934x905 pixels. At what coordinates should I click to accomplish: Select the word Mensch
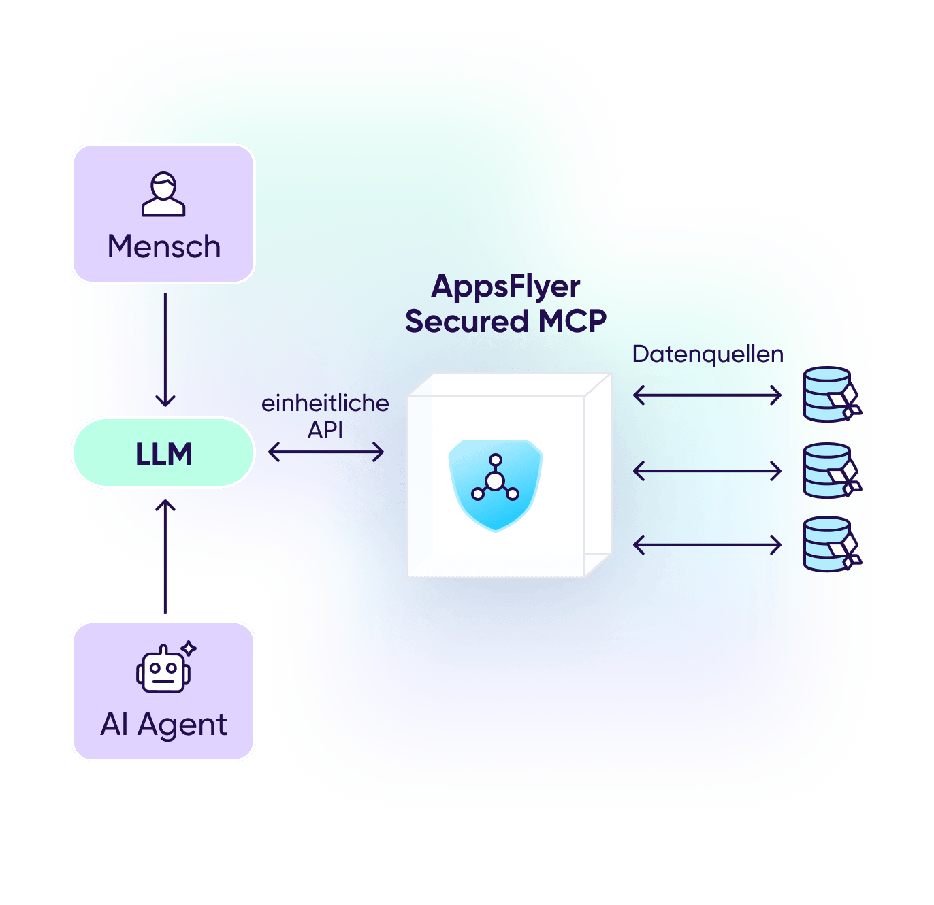[164, 246]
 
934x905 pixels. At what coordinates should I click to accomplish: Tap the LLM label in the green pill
[164, 455]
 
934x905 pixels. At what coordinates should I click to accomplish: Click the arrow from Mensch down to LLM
[165, 350]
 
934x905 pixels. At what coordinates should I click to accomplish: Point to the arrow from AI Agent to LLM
[165, 557]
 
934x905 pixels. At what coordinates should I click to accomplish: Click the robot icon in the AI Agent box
[163, 670]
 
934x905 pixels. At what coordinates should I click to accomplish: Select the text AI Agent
[163, 725]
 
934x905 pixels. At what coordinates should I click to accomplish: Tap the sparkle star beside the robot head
[189, 648]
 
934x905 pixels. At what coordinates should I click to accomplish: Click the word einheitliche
[325, 403]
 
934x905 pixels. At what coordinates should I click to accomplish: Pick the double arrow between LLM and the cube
[326, 452]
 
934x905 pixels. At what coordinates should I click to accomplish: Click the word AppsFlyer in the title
[506, 286]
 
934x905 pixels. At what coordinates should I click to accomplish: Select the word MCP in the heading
[573, 321]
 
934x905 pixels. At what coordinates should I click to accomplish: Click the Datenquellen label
[707, 354]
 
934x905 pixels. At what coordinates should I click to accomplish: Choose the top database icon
[831, 395]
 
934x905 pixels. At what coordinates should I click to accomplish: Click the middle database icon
[831, 471]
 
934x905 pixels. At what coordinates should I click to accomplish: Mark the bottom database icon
[831, 544]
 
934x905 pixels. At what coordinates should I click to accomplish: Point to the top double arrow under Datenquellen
[707, 395]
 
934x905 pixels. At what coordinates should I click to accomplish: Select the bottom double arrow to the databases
[707, 544]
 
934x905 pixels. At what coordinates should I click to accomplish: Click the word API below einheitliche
[325, 430]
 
